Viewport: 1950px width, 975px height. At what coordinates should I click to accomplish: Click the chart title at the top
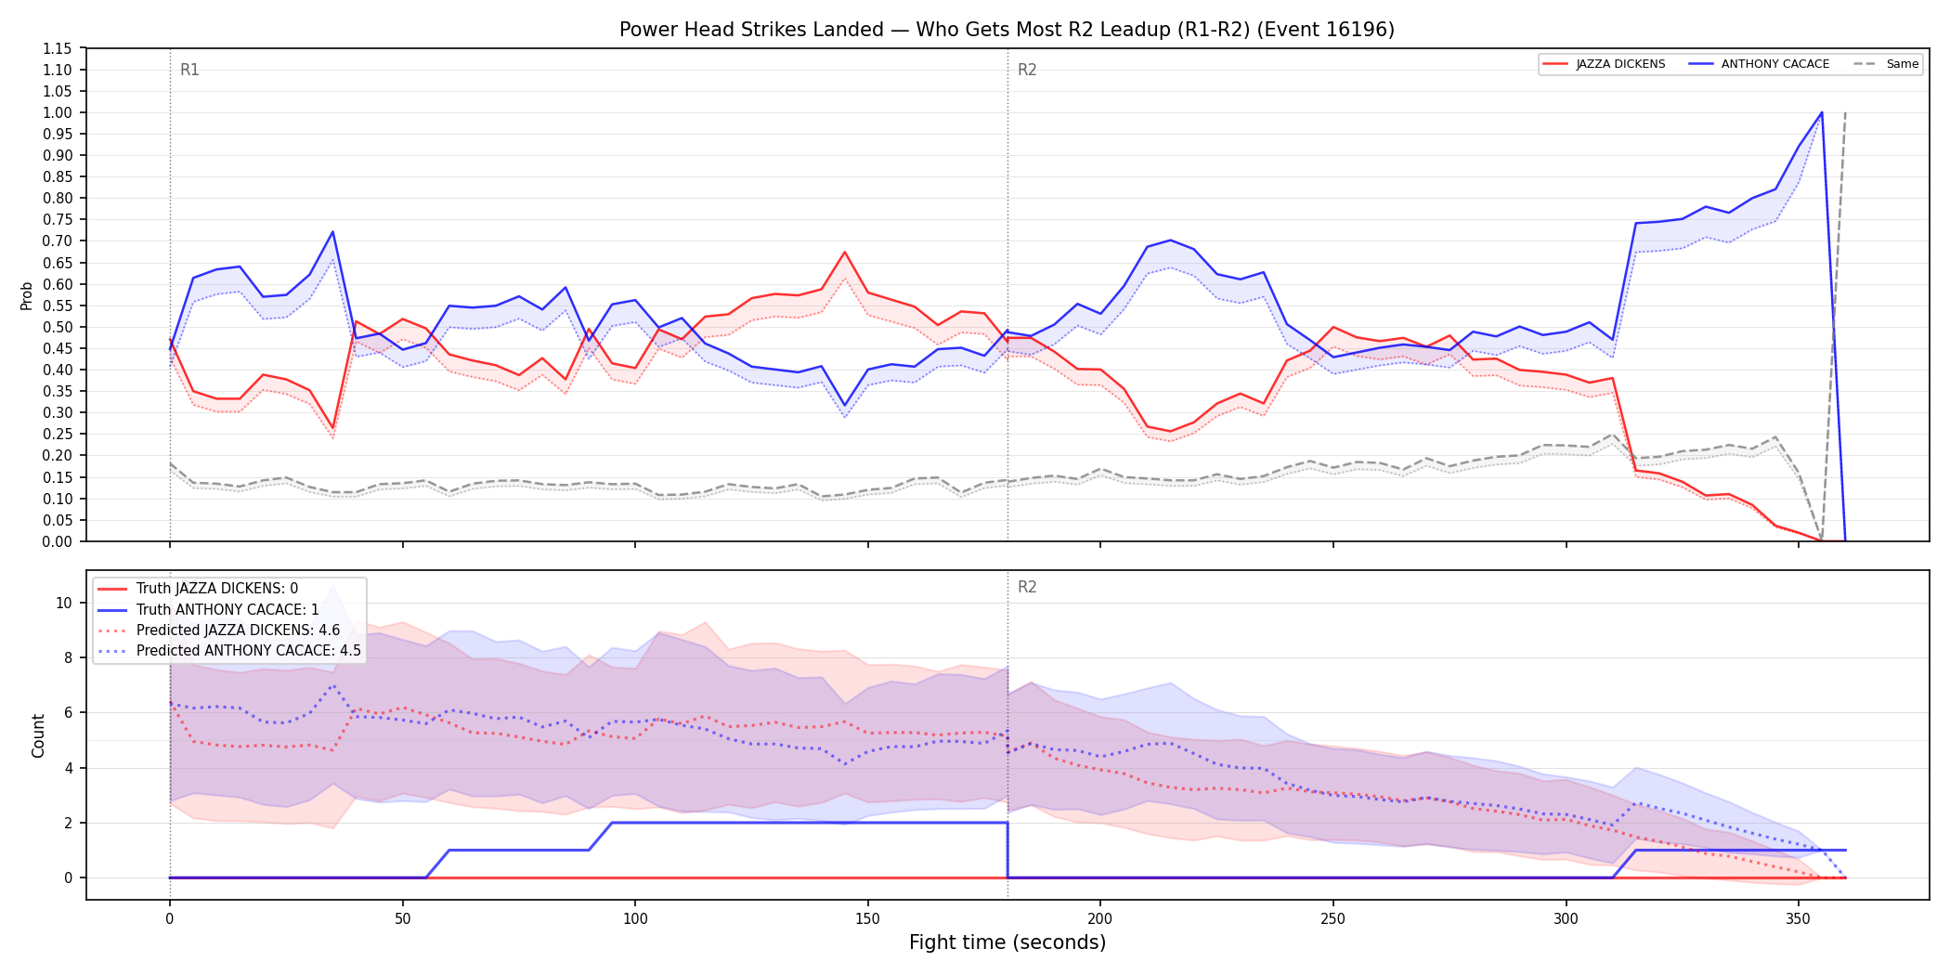click(1007, 30)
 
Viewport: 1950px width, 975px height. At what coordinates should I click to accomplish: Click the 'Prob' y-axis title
click(27, 295)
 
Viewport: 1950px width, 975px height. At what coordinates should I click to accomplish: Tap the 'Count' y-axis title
click(38, 735)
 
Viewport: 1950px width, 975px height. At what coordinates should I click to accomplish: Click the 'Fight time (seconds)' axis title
click(1007, 942)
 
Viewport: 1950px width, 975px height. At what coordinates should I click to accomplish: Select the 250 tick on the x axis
click(1332, 918)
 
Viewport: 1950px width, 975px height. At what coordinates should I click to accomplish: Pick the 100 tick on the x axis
click(634, 918)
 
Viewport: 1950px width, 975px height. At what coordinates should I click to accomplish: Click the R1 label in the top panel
click(189, 70)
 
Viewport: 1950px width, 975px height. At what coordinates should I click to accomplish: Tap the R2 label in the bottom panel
click(1027, 587)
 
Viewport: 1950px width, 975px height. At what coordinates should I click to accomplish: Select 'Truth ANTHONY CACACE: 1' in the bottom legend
click(227, 609)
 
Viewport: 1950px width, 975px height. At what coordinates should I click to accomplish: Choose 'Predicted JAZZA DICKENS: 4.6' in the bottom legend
click(239, 630)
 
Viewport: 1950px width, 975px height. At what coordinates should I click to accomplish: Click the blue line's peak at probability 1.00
click(1822, 112)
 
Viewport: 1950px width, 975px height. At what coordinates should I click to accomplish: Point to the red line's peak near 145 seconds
click(844, 252)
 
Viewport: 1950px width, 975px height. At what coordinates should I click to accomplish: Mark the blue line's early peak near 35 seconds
click(332, 231)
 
